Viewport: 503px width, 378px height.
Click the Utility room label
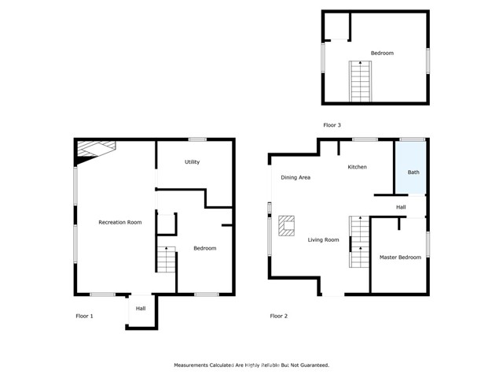[193, 162]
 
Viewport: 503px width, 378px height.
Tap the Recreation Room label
[119, 223]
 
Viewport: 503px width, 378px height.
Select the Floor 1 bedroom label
[204, 248]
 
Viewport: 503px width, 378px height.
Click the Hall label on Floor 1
[141, 308]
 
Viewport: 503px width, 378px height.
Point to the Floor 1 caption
[84, 316]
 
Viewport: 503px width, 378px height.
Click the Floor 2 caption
[279, 316]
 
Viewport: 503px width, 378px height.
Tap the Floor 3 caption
[332, 125]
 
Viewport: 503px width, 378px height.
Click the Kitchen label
[358, 167]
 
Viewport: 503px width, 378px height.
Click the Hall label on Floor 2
[401, 207]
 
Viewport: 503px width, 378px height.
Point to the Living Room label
[323, 239]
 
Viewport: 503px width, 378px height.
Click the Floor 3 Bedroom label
[382, 53]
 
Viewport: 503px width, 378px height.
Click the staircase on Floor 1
[166, 259]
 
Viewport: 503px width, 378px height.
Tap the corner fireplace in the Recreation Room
[94, 149]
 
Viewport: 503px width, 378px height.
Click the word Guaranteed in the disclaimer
[311, 365]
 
